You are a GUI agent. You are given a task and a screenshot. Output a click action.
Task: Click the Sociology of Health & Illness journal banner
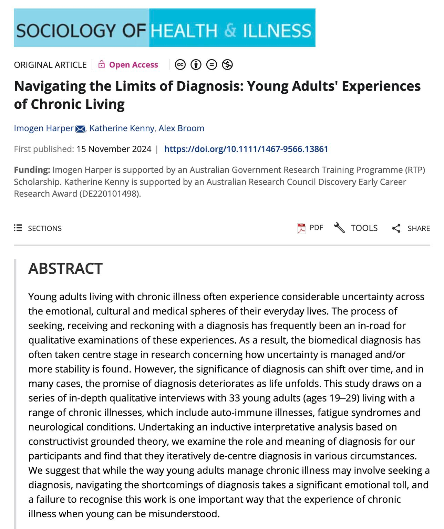164,28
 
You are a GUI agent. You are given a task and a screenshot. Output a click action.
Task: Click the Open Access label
133,65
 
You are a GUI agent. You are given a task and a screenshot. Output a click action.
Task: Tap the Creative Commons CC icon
180,65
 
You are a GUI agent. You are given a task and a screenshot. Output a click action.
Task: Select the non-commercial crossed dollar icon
227,65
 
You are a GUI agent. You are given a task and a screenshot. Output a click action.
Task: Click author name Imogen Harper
44,128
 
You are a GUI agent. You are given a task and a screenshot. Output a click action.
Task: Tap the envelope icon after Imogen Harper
80,129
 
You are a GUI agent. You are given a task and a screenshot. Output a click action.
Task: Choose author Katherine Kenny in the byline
122,128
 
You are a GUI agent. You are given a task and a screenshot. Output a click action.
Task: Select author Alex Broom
181,128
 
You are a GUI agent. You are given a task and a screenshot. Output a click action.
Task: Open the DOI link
246,149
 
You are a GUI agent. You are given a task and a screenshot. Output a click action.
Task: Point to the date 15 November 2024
114,149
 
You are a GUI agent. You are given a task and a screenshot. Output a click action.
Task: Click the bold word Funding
32,170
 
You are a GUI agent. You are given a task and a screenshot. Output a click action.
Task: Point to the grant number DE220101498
109,194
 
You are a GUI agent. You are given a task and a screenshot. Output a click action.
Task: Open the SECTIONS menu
38,228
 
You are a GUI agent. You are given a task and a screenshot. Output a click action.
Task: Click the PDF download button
310,228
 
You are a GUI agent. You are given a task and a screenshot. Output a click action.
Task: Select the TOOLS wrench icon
339,228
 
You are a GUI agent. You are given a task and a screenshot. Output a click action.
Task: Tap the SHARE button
411,228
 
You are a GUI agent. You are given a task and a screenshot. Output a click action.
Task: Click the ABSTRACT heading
65,269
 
